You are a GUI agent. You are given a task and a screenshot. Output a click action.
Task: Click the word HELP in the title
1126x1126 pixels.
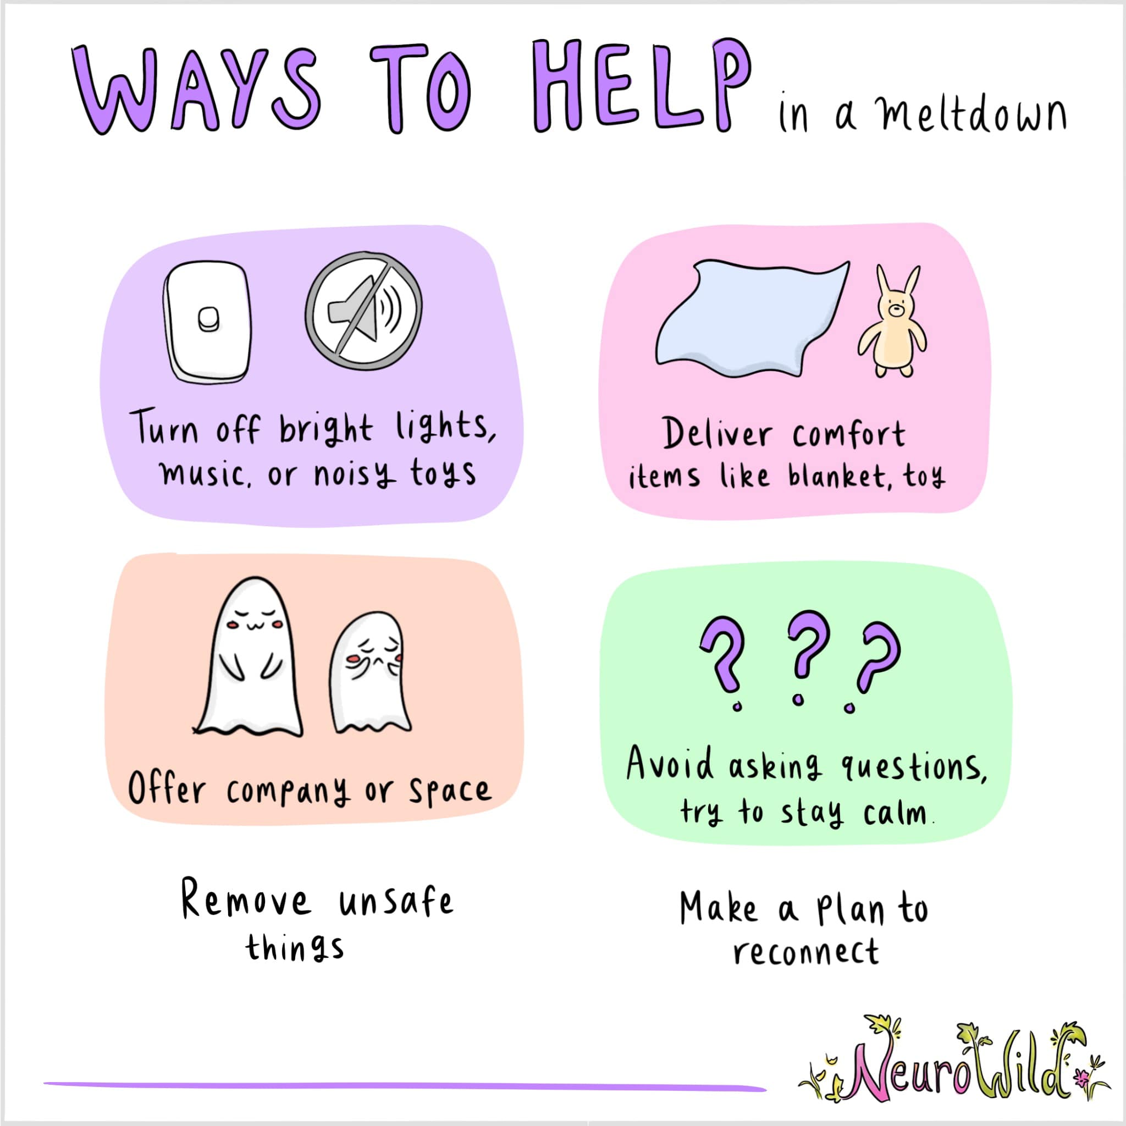click(x=642, y=87)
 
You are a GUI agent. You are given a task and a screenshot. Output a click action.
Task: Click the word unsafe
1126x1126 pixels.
click(x=396, y=901)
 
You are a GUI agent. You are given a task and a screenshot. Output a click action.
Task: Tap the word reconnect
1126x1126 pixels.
click(x=805, y=953)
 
